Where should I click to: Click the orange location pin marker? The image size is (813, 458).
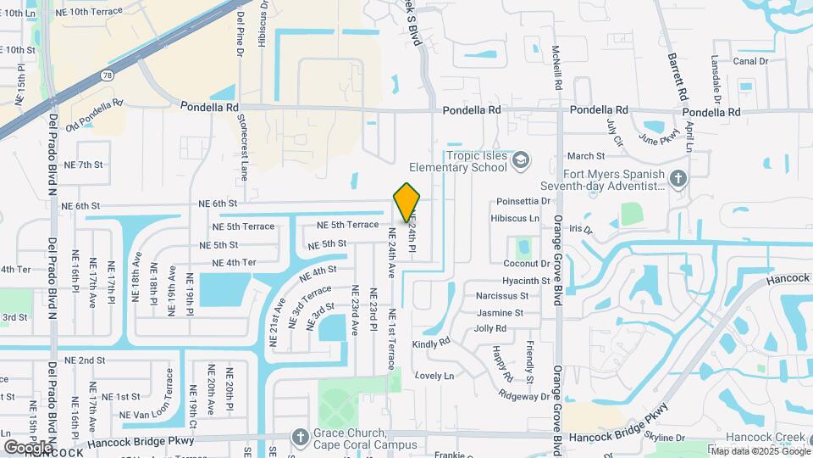[407, 204]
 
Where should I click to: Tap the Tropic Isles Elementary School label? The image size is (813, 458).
[457, 161]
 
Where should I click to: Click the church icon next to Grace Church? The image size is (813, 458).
[299, 437]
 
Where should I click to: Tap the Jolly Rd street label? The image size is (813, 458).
[490, 328]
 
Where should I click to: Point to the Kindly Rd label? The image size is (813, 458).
[431, 343]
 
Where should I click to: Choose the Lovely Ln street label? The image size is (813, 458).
[434, 375]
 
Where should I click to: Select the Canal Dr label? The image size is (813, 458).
[750, 61]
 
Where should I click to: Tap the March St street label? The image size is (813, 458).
[586, 156]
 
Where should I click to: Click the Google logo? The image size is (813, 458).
[28, 446]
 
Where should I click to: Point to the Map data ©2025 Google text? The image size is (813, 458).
[760, 451]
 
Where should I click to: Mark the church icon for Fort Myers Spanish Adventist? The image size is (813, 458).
[677, 179]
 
